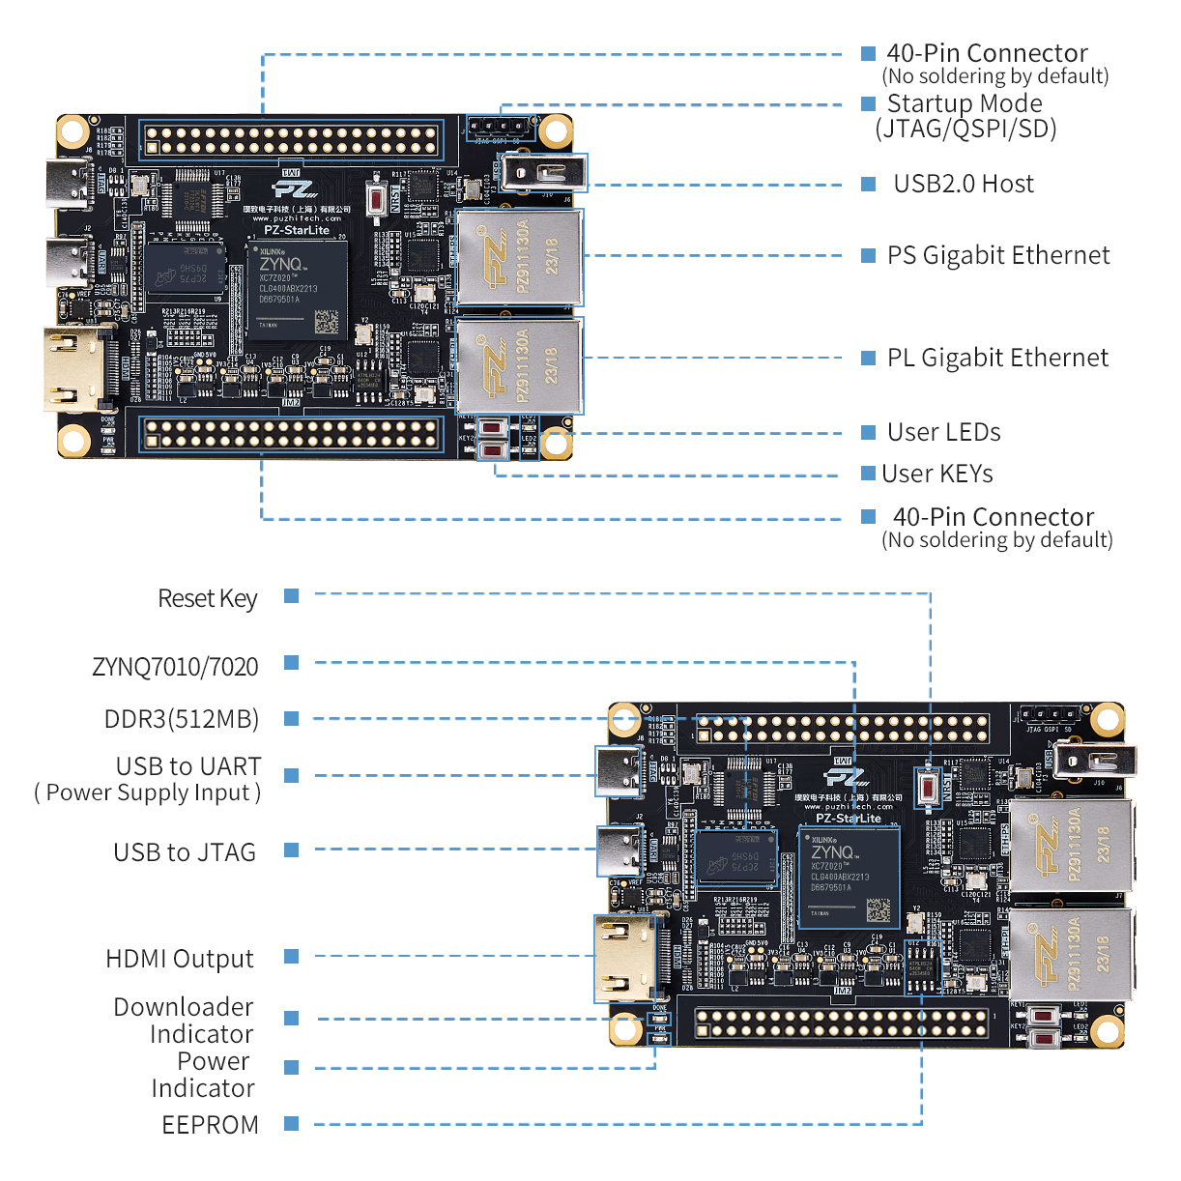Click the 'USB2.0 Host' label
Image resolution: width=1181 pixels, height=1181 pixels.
pos(963,184)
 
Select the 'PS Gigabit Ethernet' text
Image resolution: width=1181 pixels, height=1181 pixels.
pos(998,255)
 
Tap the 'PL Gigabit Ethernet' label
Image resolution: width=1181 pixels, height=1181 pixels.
pos(997,358)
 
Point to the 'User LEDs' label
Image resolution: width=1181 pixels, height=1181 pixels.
pos(943,432)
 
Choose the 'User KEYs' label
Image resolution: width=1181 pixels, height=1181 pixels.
pos(936,474)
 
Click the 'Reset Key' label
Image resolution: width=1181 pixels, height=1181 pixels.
pos(207,598)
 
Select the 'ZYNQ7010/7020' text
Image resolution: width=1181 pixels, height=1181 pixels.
pos(175,667)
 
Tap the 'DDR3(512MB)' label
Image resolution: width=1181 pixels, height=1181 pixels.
pos(182,719)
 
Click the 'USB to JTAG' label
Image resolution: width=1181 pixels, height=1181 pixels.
pos(185,852)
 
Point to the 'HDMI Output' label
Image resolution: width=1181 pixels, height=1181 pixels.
pos(180,959)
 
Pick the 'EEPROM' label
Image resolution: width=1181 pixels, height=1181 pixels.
pos(210,1125)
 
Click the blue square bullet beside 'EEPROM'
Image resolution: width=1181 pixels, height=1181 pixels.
pos(291,1123)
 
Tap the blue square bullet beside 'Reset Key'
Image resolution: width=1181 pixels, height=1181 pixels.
pos(291,596)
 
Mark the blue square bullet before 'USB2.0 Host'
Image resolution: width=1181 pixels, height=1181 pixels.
pos(868,184)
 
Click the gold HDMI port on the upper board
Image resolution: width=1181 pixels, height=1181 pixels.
pos(74,369)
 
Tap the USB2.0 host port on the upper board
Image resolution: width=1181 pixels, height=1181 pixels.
pos(543,173)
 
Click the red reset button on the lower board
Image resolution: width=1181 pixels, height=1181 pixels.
pos(929,789)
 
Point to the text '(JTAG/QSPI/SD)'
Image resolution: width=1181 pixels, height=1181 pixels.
pos(965,129)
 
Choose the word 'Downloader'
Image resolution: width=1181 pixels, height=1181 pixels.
pos(183,1007)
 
